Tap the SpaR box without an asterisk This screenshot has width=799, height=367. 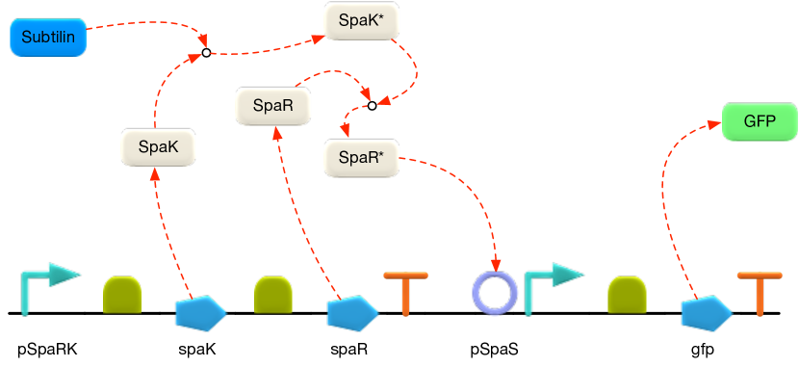tap(274, 106)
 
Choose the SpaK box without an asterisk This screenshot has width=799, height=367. tap(158, 147)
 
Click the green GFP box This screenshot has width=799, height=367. tap(760, 122)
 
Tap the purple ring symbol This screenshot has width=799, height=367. tap(495, 292)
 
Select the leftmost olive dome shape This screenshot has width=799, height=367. tap(123, 295)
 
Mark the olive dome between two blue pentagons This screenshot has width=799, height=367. tap(273, 295)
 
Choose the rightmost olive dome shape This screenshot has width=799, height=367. tap(627, 295)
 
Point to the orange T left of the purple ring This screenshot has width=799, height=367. tap(405, 293)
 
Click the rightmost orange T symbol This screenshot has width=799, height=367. tap(760, 293)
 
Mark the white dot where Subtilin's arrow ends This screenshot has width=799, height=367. tap(206, 54)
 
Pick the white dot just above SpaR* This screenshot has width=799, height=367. tap(372, 106)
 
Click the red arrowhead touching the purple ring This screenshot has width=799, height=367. tap(496, 267)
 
